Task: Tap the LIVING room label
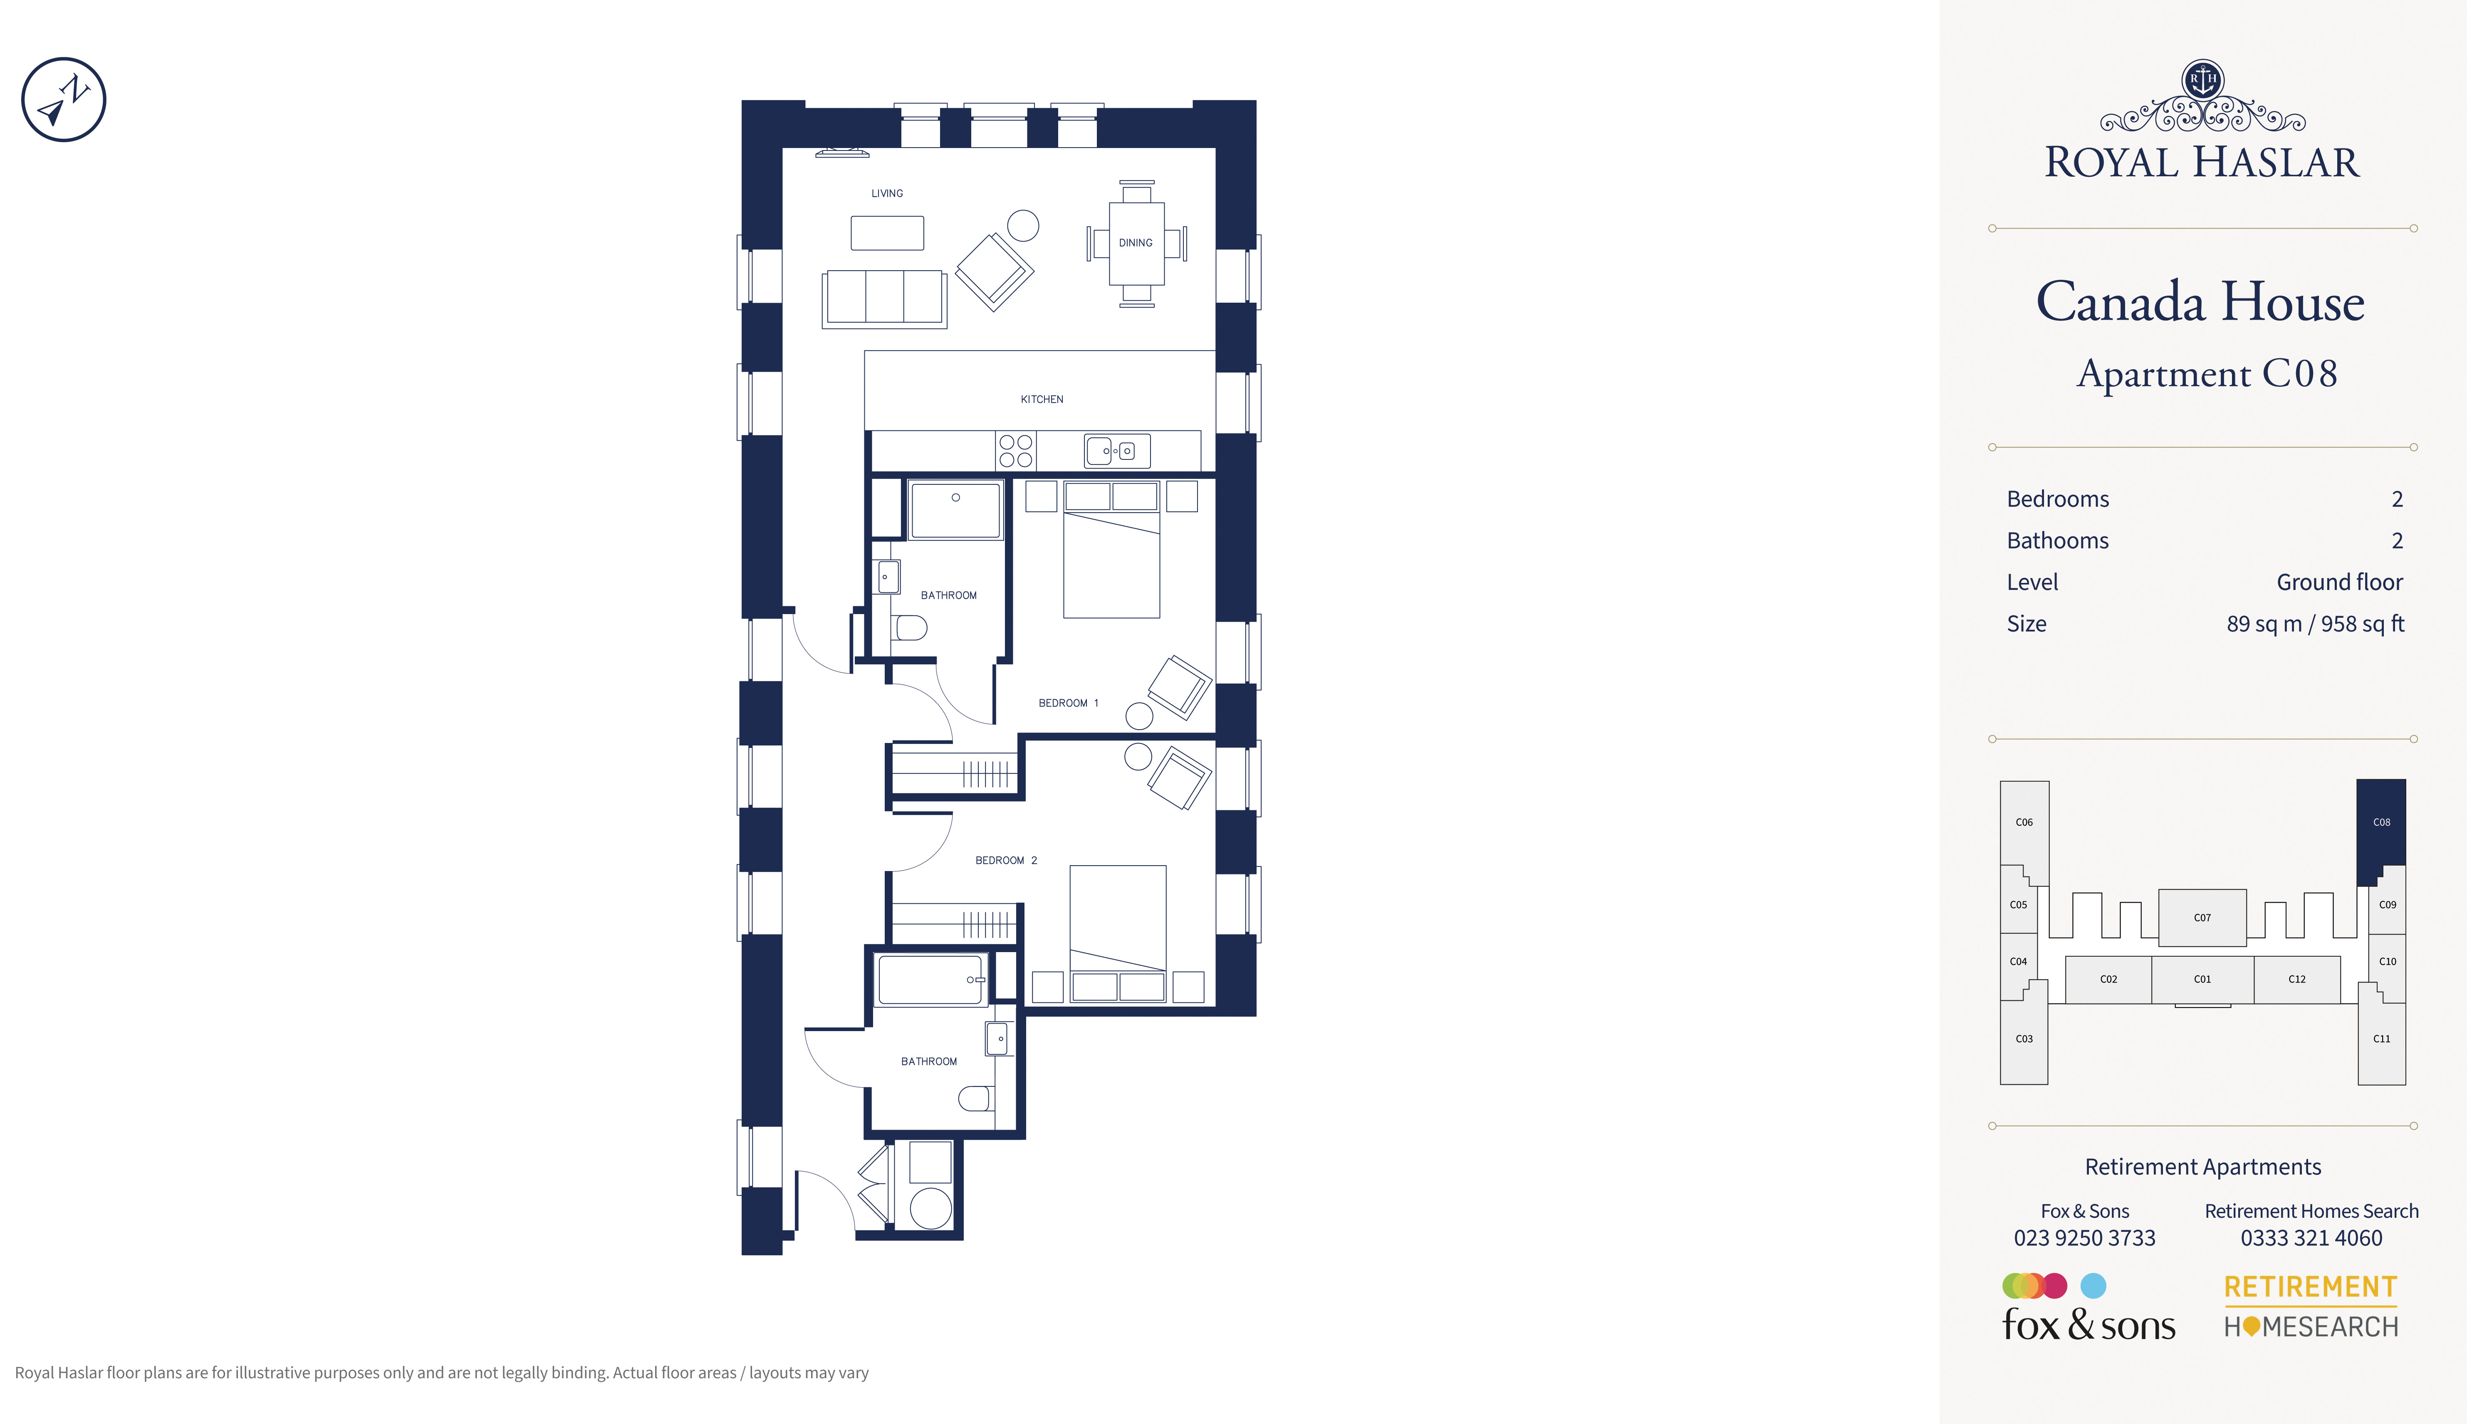click(887, 194)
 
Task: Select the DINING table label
click(1136, 242)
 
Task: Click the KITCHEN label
click(1042, 399)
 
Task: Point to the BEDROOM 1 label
click(1068, 703)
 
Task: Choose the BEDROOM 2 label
click(1006, 861)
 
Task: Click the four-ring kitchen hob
click(1015, 451)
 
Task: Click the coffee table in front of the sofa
click(887, 233)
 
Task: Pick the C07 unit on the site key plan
click(2202, 917)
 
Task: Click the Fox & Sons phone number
click(2084, 1238)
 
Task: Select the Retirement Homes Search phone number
click(2311, 1238)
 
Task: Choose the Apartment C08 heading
click(2207, 374)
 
